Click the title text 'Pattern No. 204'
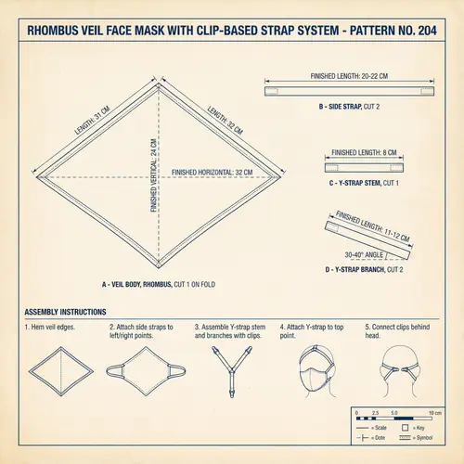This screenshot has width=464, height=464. [x=400, y=31]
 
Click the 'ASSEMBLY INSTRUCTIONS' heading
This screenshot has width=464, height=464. [x=64, y=311]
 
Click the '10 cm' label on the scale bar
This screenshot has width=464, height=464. [x=433, y=412]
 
